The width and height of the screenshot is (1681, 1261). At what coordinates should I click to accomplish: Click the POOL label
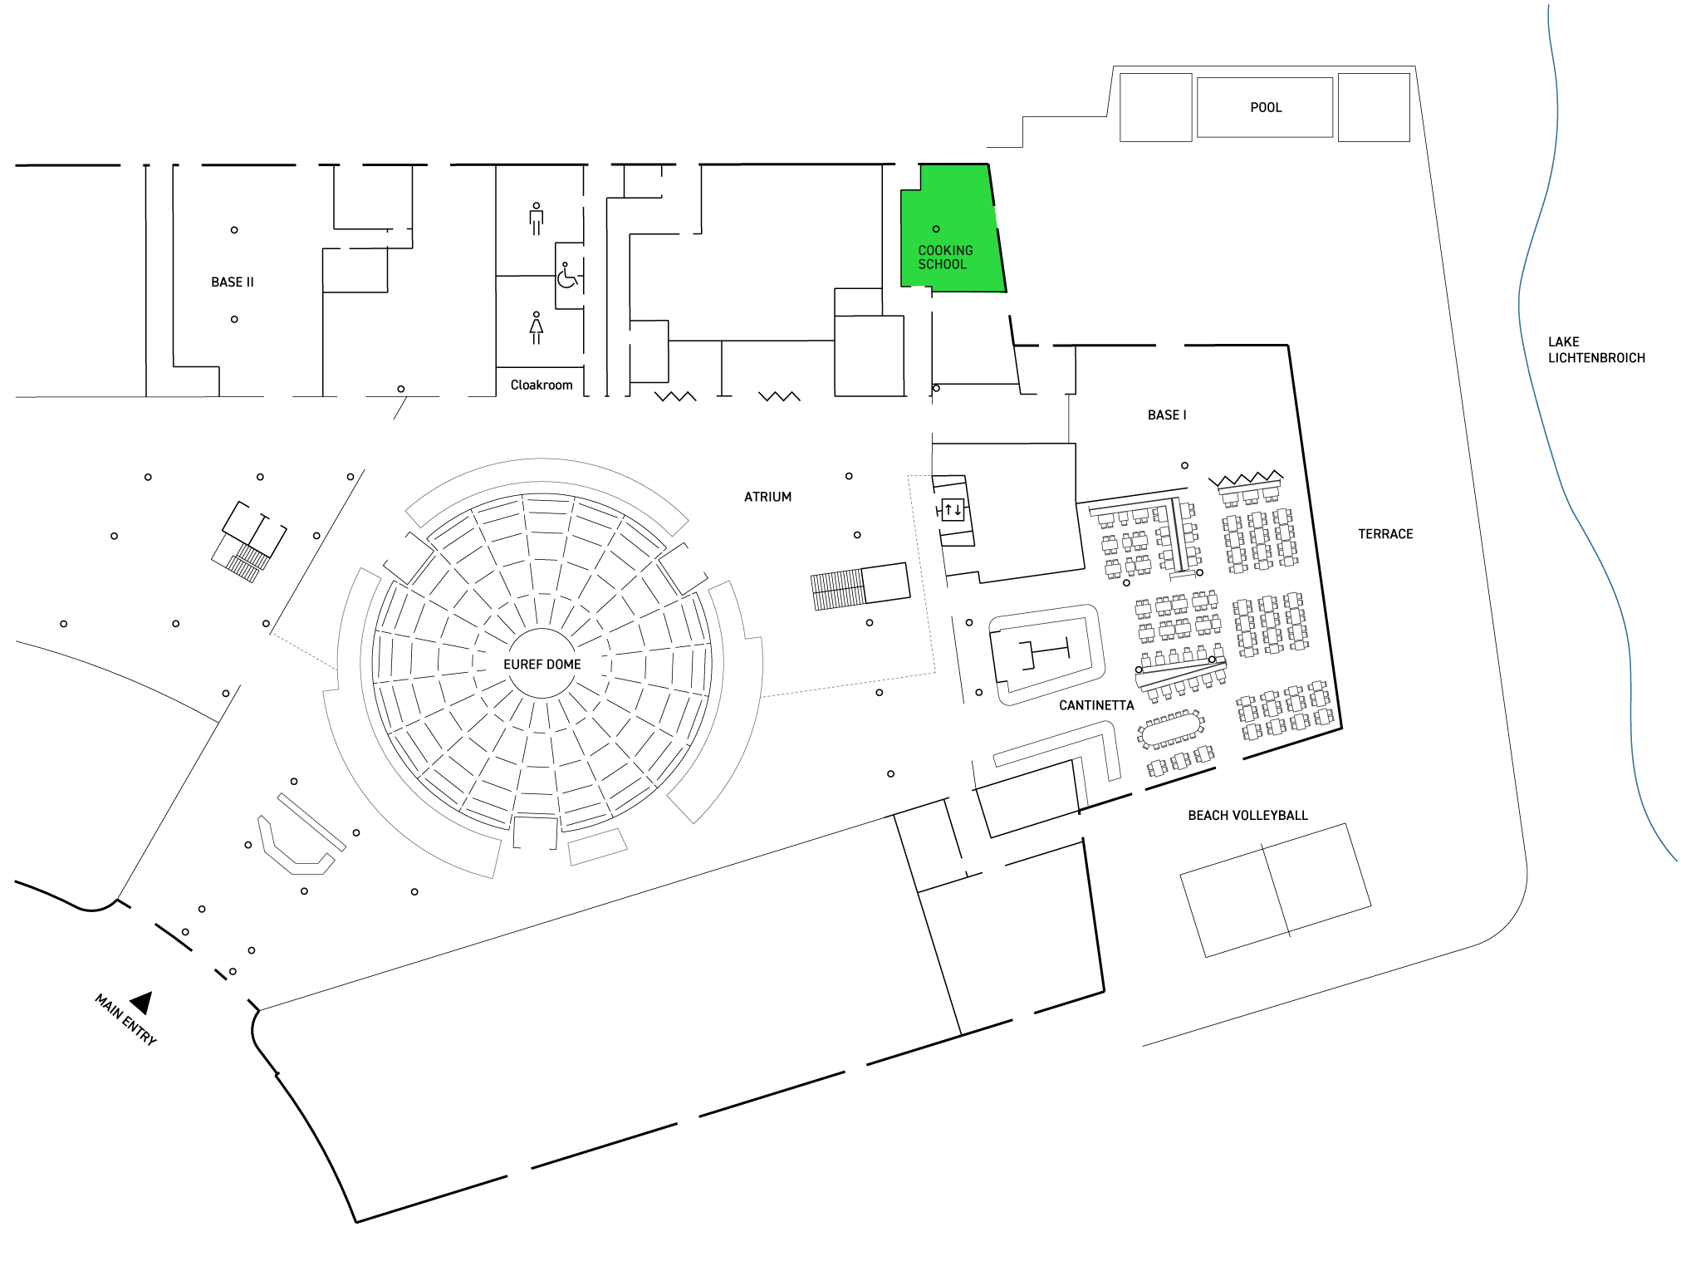coord(1266,108)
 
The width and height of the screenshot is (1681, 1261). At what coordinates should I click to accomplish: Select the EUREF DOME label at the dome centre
coord(542,665)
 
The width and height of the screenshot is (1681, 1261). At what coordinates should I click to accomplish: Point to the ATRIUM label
coord(767,497)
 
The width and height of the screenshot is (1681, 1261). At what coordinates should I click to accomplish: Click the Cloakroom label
coord(542,385)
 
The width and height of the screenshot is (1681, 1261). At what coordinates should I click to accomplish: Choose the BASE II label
coord(233,282)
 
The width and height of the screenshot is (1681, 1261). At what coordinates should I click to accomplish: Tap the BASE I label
coord(1167,415)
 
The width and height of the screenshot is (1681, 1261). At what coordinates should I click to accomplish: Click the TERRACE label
coord(1385,534)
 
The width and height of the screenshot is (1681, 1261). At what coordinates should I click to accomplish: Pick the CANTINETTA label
coord(1096,705)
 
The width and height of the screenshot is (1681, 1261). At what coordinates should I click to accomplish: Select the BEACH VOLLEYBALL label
coord(1247,816)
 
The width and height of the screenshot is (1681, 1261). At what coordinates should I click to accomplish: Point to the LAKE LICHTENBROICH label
coord(1596,350)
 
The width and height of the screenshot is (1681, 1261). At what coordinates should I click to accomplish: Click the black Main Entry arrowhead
coord(143,1003)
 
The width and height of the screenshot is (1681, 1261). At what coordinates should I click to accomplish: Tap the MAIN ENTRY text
coord(125,1019)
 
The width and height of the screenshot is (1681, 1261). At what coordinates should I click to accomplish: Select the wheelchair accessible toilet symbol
coord(567,276)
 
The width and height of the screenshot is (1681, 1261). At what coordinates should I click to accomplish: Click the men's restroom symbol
coord(537,218)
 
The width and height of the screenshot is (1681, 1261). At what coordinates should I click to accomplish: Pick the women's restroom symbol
coord(537,327)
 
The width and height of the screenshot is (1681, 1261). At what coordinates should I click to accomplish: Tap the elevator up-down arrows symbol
coord(953,509)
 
